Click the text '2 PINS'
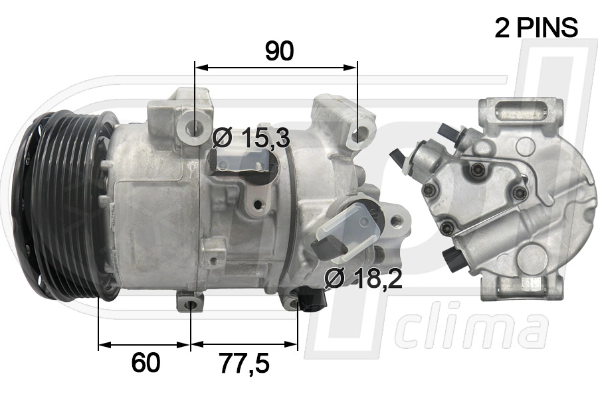point(536,27)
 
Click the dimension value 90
point(279,50)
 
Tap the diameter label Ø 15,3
point(251,139)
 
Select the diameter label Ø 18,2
point(363,279)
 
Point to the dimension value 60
point(146,363)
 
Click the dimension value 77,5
point(244,363)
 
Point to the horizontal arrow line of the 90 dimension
point(276,67)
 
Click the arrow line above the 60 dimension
point(145,345)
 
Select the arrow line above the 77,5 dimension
point(244,345)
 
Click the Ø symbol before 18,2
point(334,279)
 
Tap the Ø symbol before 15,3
point(222,139)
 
